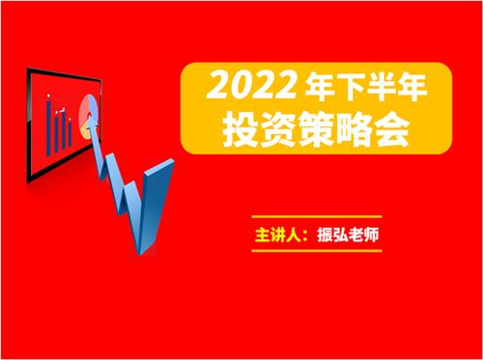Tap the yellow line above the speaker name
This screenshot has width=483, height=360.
[x=316, y=217]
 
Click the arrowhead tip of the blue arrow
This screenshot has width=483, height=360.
[x=93, y=120]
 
